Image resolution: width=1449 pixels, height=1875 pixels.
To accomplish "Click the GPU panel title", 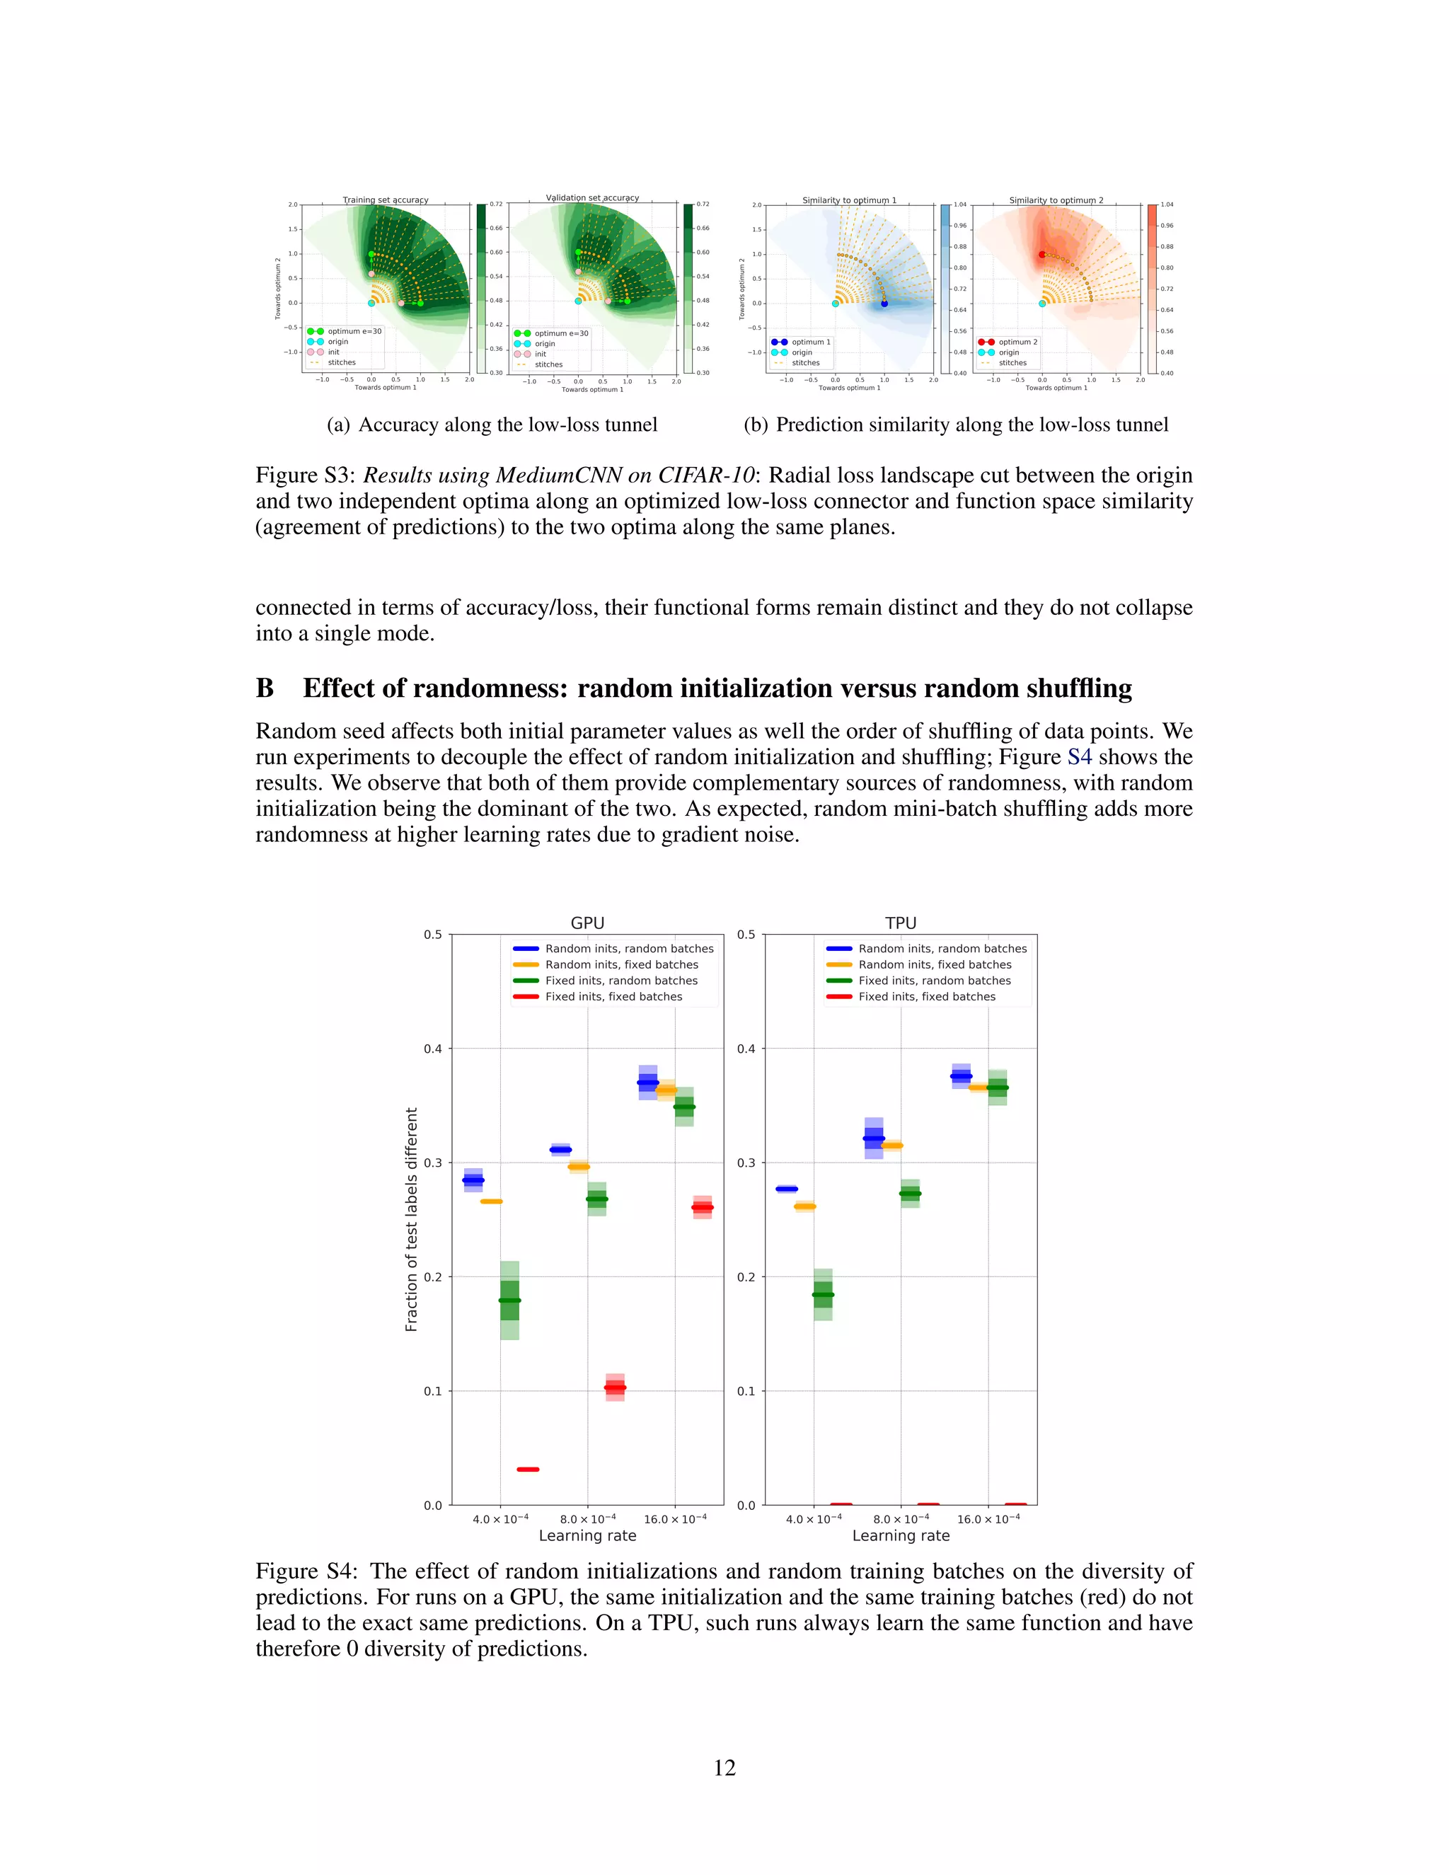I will click(x=587, y=923).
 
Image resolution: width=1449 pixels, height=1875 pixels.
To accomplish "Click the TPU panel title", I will click(x=901, y=923).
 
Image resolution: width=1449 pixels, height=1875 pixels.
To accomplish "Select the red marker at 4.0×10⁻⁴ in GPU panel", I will click(x=528, y=1469).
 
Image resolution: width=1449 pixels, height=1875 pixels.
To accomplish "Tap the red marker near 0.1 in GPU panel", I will click(x=615, y=1387).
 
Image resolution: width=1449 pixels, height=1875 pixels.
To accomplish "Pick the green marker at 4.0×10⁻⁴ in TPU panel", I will click(x=822, y=1294).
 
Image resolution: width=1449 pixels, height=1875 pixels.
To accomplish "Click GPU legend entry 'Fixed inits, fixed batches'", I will click(x=613, y=997).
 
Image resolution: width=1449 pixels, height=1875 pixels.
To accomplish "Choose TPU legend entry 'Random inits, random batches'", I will click(x=942, y=949).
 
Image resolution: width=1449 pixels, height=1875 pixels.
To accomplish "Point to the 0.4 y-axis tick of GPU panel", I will click(x=432, y=1049).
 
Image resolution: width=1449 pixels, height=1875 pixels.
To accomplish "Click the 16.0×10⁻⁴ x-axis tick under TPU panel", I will click(x=988, y=1518).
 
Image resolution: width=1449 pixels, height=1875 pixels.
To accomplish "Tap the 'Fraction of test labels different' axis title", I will click(x=411, y=1219).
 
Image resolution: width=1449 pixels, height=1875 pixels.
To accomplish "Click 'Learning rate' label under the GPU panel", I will click(x=587, y=1536).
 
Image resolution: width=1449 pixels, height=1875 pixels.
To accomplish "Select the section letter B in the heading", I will click(x=265, y=688).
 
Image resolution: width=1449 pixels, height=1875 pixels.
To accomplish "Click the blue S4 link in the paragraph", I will click(x=1079, y=757).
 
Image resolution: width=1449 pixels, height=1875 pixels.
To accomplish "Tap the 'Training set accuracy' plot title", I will click(x=386, y=200).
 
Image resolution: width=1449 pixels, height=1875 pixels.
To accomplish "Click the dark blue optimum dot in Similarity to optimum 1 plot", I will click(x=884, y=303).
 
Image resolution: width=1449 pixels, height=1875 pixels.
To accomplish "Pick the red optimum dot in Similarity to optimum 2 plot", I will click(x=1042, y=254).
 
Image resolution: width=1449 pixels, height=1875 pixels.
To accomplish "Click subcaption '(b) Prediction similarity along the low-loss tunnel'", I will click(x=955, y=425).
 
